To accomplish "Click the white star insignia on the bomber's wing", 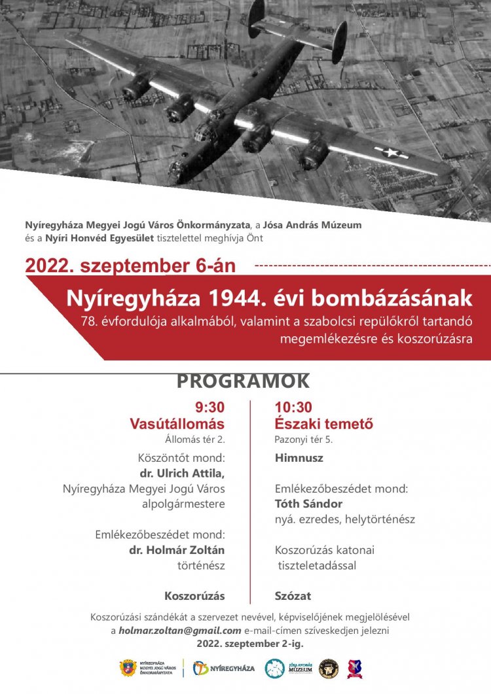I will pos(391,153).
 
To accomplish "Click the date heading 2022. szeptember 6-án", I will pos(130,266).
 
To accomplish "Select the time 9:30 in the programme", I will pos(209,408).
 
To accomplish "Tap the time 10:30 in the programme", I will pos(293,408).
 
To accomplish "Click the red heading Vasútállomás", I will pos(177,424).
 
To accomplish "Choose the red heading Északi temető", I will pos(324,424).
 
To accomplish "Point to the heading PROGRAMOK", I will pos(243,381).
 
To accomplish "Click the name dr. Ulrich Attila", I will pos(182,473).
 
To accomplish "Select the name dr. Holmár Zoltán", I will pos(177,550).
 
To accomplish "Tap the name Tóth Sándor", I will pos(308,504).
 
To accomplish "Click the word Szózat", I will pos(293,596).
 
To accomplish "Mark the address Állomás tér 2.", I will pos(195,440).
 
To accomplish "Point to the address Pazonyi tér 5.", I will pos(304,440).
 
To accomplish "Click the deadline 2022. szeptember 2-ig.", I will pos(250,644).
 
